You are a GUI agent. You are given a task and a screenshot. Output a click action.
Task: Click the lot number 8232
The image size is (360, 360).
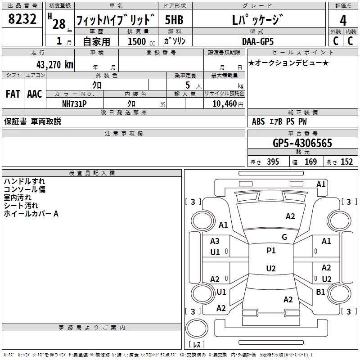tap(22, 20)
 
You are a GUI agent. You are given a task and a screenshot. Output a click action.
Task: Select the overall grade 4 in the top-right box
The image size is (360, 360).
tap(343, 21)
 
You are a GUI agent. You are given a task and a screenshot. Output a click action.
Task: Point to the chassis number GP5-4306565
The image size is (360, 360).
tap(302, 143)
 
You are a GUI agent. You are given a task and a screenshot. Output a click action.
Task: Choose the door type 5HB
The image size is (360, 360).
tap(174, 21)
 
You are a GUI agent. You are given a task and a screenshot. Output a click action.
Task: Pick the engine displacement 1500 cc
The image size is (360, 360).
tap(139, 42)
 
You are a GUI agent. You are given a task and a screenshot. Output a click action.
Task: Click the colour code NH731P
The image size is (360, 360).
tap(74, 103)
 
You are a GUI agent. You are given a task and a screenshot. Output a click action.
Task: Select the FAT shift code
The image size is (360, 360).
tap(13, 94)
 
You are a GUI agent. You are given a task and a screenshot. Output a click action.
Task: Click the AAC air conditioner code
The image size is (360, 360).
tap(34, 94)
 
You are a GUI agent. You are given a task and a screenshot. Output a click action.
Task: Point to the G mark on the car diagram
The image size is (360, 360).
tap(284, 237)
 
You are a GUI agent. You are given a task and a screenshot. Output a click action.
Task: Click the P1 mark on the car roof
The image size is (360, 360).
tap(271, 251)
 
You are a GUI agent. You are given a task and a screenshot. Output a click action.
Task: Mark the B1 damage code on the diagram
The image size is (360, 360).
tap(320, 292)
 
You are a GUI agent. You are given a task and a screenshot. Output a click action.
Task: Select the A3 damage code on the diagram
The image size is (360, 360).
tap(215, 241)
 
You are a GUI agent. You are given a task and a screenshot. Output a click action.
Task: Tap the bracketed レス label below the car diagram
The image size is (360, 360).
tap(196, 345)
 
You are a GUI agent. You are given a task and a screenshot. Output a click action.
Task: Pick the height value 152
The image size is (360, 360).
tap(346, 162)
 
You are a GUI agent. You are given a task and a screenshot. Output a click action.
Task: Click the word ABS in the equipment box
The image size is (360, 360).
tap(258, 121)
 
